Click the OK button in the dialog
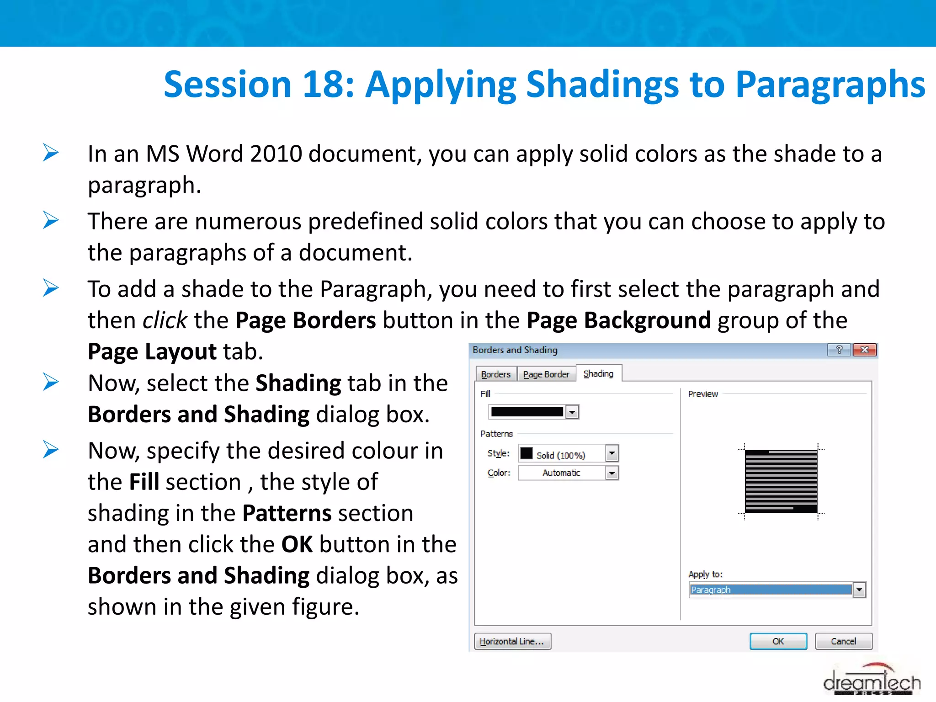[778, 641]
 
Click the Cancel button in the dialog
[843, 641]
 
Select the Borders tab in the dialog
[496, 374]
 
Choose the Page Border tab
[546, 374]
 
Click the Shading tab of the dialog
[598, 373]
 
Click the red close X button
[864, 350]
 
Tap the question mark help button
[839, 350]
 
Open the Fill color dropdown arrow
[572, 412]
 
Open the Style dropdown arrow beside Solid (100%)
[612, 453]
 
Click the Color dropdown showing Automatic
[568, 473]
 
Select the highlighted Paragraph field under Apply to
[770, 590]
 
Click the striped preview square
[781, 481]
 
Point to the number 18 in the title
[323, 85]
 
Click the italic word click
[165, 320]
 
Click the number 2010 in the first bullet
[276, 154]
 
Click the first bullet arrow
[51, 153]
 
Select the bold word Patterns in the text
[287, 513]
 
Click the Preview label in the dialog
[702, 394]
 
